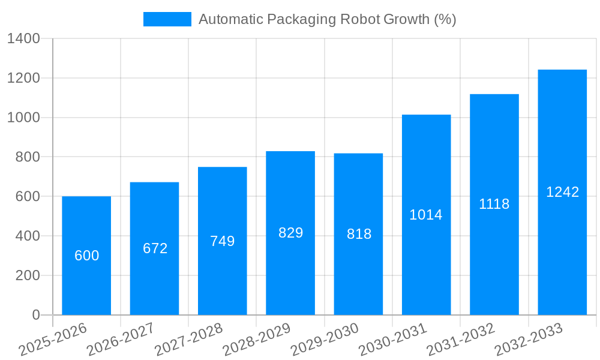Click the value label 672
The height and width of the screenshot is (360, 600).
point(155,248)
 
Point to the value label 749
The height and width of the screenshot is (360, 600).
point(222,241)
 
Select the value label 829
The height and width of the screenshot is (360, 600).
point(290,233)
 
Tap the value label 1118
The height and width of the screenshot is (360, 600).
point(494,204)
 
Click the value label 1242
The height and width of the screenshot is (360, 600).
point(562,192)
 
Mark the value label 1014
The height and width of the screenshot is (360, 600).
point(426,215)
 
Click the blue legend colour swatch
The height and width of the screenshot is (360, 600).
point(167,19)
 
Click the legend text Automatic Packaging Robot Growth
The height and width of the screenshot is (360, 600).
point(327,19)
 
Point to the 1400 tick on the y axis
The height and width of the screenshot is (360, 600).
point(23,39)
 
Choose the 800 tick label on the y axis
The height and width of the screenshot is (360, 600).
point(26,157)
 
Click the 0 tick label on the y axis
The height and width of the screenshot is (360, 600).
point(35,315)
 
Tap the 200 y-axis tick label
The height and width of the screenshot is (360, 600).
point(26,275)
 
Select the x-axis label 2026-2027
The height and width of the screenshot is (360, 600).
point(121,340)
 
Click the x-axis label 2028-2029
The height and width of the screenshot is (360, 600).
point(257,340)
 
